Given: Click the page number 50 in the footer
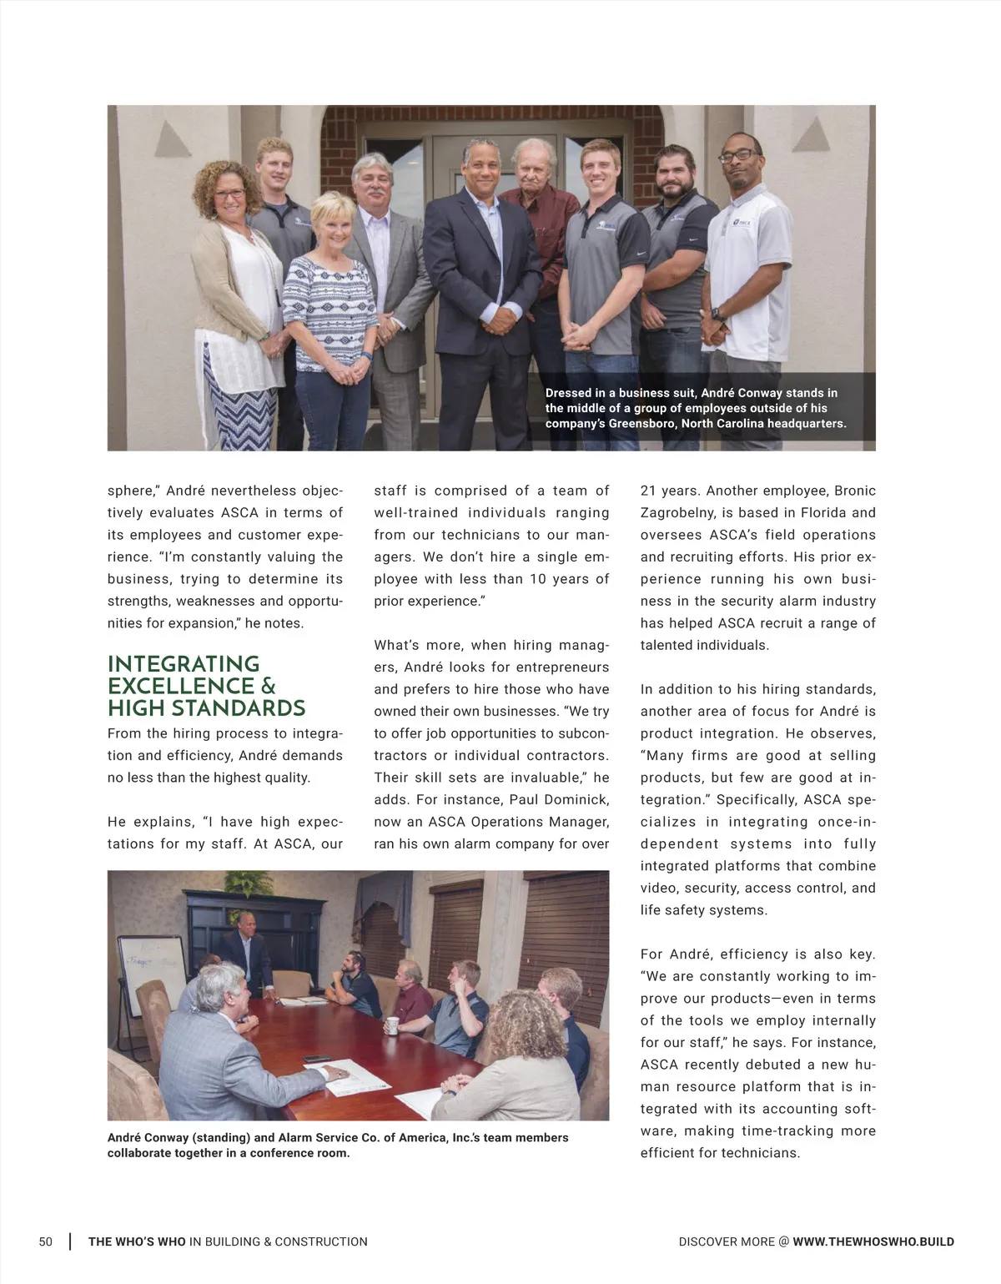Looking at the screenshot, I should [x=46, y=1241].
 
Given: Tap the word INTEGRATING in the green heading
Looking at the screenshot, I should [x=184, y=664].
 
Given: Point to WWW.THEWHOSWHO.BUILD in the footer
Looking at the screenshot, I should [x=873, y=1241].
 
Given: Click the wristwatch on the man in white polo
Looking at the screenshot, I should [x=716, y=314].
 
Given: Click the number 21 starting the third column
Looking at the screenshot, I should [x=648, y=491].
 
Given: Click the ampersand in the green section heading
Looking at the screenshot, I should [x=268, y=687].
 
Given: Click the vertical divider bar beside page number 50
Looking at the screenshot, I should [x=69, y=1241].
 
